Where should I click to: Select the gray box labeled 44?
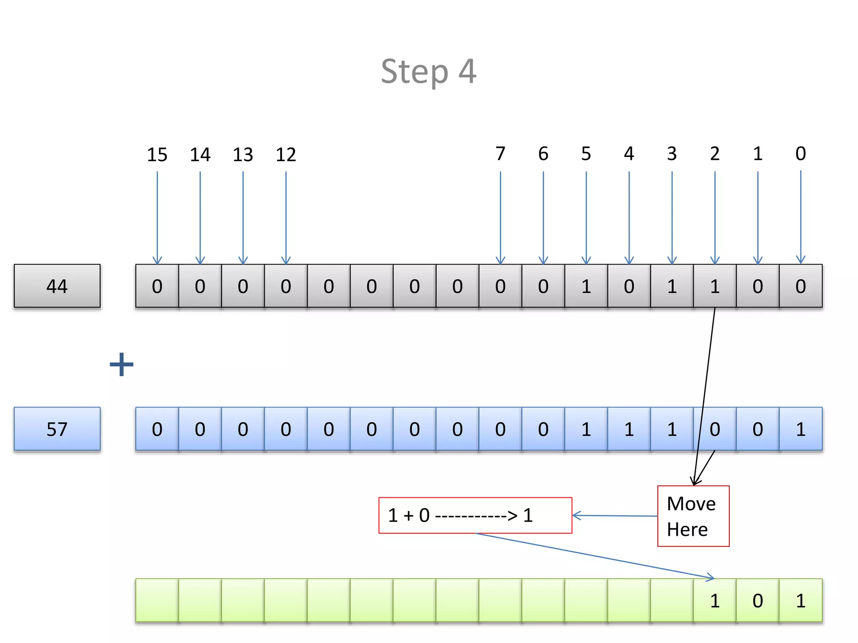coord(57,286)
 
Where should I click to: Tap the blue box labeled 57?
coord(57,429)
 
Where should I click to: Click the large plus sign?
coord(121,364)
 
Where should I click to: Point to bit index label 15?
coord(157,154)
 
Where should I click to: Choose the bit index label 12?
coord(286,154)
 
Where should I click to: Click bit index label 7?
coord(500,154)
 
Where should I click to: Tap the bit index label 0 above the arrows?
coord(801,154)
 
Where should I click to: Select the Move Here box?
coord(693,516)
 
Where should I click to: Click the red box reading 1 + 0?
coord(475,515)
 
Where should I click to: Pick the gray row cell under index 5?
coord(586,286)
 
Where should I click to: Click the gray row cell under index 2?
coord(715,286)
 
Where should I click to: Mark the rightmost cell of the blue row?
coord(801,429)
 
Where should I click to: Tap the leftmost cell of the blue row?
coord(157,429)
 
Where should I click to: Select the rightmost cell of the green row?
coord(801,600)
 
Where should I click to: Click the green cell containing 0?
coord(757,600)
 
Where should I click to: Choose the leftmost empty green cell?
coord(157,600)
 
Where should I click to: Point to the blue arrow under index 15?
coord(157,218)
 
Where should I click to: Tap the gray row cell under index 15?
coord(157,286)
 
